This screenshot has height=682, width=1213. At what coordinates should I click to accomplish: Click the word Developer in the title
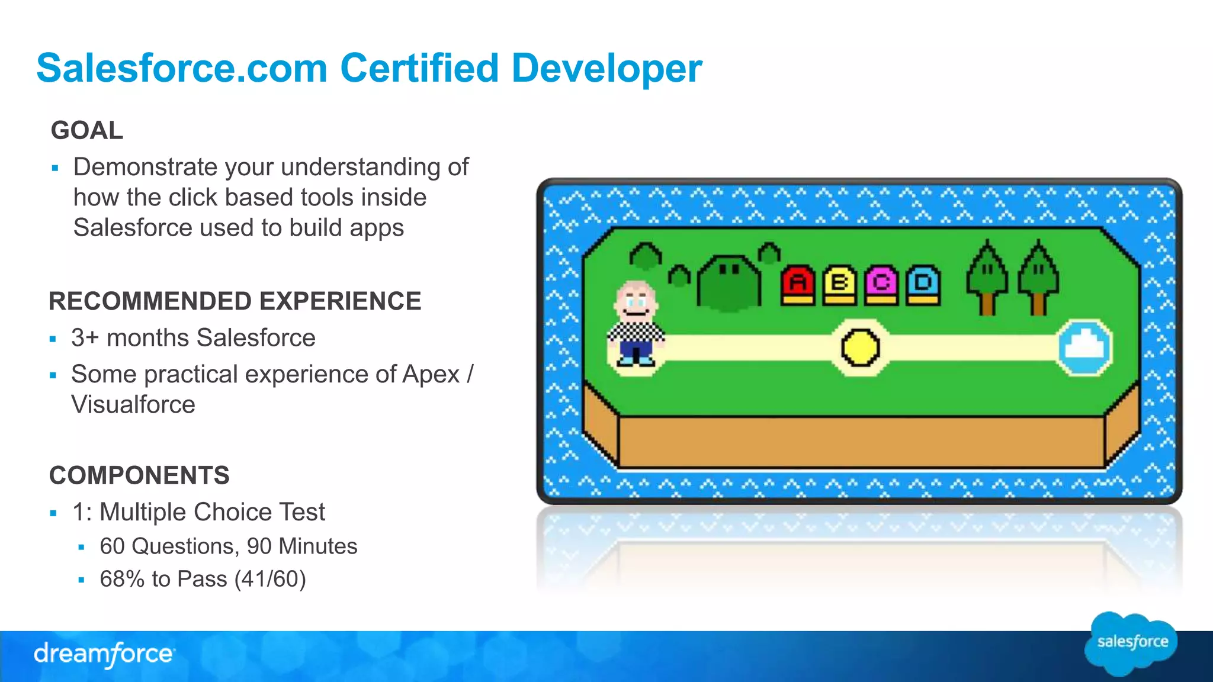point(606,69)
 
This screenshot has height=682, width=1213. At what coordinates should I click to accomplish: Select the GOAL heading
point(87,130)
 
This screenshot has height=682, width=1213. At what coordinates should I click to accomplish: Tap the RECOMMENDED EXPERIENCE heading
point(235,301)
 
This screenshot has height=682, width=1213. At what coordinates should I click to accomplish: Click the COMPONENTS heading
point(139,475)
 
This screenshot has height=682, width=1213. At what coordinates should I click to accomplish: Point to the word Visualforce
point(133,405)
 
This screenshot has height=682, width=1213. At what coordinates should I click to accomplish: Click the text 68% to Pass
point(163,579)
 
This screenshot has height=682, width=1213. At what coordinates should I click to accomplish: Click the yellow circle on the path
point(861,348)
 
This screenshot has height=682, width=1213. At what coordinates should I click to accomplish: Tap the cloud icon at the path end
point(1085,348)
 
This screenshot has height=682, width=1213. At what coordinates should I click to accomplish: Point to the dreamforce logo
point(104,655)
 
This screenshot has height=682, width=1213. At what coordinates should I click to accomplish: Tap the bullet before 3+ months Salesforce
point(53,339)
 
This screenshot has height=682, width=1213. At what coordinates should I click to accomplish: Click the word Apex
point(431,375)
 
